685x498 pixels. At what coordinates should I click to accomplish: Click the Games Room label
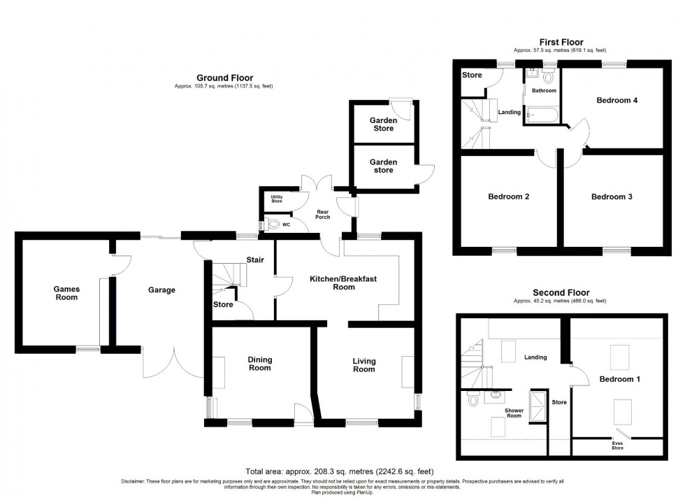coord(67,293)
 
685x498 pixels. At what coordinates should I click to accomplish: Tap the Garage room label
coord(161,290)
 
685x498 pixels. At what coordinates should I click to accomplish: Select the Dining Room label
coord(259,364)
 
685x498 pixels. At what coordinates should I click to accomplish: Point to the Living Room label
coord(363,365)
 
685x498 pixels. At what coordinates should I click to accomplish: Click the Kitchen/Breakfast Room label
coord(343,283)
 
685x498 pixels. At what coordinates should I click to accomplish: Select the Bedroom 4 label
coord(616,100)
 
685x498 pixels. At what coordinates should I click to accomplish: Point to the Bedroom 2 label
coord(508,197)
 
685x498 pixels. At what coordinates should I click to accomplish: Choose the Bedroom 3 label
coord(612,197)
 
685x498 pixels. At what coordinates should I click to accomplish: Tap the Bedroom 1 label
coord(620,379)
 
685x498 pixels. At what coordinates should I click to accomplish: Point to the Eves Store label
coord(617,445)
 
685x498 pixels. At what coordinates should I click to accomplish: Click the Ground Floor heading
coord(224,78)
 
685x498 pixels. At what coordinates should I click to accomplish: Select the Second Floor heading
coord(561,292)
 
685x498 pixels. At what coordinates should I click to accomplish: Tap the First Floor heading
coord(561,42)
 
